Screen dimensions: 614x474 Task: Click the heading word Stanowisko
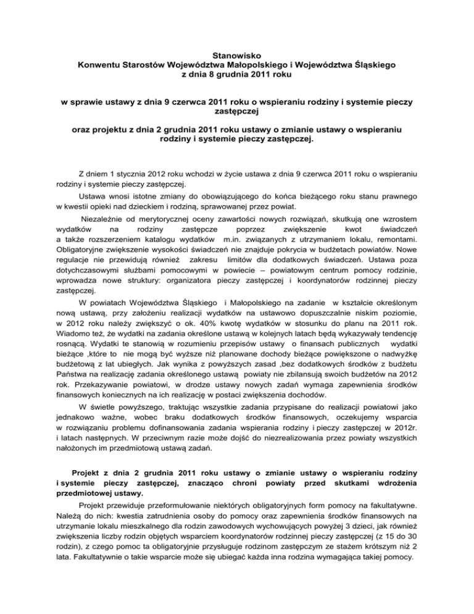point(237,54)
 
